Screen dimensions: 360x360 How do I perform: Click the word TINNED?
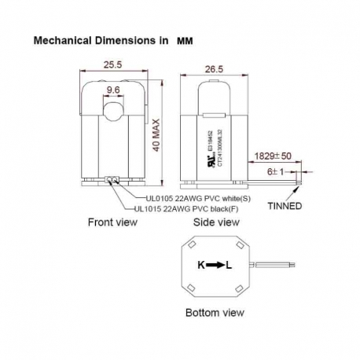[285, 207]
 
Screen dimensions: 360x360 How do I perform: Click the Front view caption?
[112, 222]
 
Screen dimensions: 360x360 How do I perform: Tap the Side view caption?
[217, 222]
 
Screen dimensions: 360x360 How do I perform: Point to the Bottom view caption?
[215, 312]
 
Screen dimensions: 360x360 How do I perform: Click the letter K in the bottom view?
[200, 265]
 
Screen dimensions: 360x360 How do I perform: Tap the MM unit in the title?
[184, 38]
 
